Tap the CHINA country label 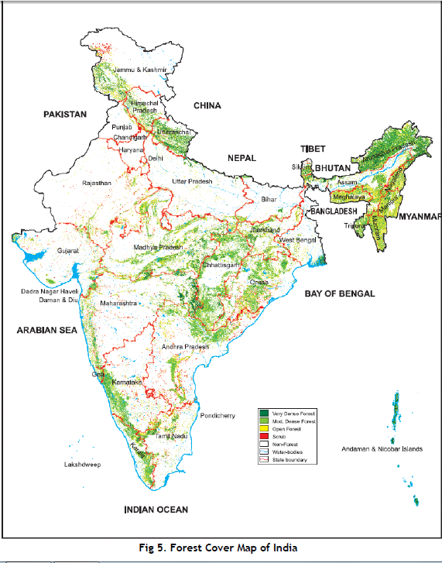click(207, 105)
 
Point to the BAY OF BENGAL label click(339, 294)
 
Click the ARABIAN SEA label click(46, 330)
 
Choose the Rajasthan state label click(98, 183)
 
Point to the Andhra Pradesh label click(185, 347)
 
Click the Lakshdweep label click(82, 465)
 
